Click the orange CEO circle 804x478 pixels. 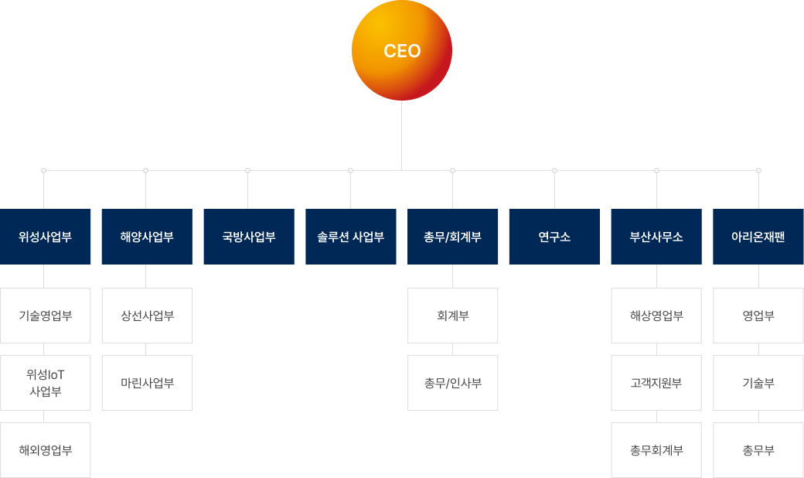pyautogui.click(x=402, y=51)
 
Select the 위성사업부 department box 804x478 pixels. pyautogui.click(x=46, y=237)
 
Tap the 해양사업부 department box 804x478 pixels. pyautogui.click(x=147, y=237)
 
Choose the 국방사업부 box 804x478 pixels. pyautogui.click(x=249, y=237)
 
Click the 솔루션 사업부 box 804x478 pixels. pyautogui.click(x=350, y=237)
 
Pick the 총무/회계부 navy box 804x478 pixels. pyautogui.click(x=452, y=237)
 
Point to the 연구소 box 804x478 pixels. pyautogui.click(x=554, y=237)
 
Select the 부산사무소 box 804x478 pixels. pyautogui.click(x=656, y=237)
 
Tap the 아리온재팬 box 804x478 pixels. pyautogui.click(x=758, y=237)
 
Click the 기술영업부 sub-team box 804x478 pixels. pyautogui.click(x=46, y=316)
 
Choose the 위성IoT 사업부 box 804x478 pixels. pyautogui.click(x=46, y=383)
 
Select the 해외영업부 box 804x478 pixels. pyautogui.click(x=46, y=450)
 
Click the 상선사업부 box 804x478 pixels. pyautogui.click(x=147, y=316)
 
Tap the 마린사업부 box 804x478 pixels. pyautogui.click(x=147, y=383)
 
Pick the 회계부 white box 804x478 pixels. pyautogui.click(x=452, y=316)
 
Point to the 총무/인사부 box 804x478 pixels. pyautogui.click(x=452, y=383)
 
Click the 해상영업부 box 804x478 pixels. pyautogui.click(x=656, y=316)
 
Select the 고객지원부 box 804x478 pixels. pyautogui.click(x=656, y=383)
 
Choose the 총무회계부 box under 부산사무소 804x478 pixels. pyautogui.click(x=656, y=450)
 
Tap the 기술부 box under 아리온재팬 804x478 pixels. pyautogui.click(x=758, y=383)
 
